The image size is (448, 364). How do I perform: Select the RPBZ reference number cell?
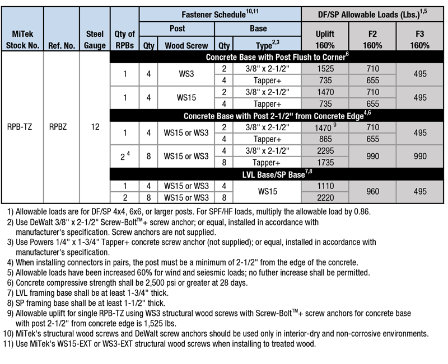click(58, 127)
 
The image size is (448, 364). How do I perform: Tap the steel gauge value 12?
click(95, 127)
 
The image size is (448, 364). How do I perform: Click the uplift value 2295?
click(325, 151)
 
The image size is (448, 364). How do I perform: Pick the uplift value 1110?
click(325, 186)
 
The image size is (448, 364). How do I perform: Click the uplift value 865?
click(325, 139)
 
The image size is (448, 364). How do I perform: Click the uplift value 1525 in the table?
click(325, 69)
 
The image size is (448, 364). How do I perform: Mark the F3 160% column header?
click(419, 40)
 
